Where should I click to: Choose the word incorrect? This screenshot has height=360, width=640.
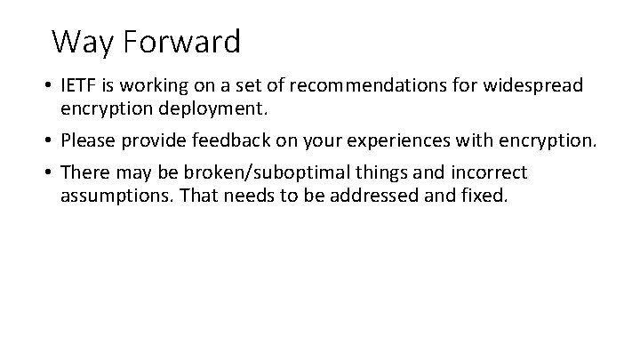coord(492,172)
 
